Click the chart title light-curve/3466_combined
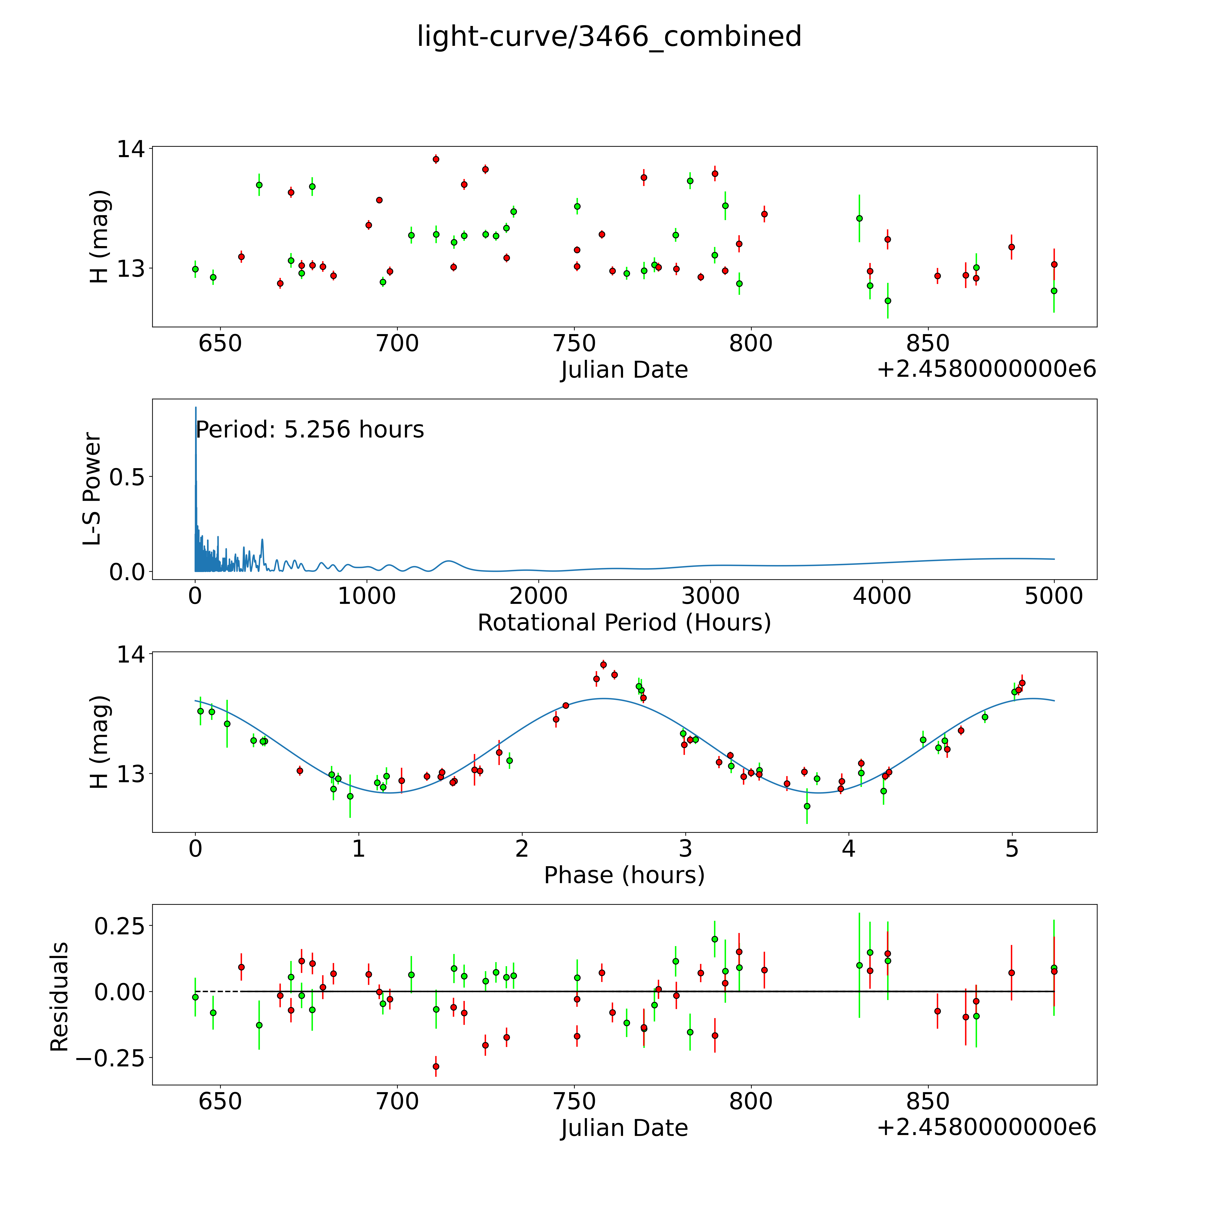coord(609,37)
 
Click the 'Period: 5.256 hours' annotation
coord(310,430)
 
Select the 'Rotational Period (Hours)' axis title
coord(624,623)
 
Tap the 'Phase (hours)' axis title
coord(624,875)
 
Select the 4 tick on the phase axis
coord(849,849)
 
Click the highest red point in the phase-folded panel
coord(603,664)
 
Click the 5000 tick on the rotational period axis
coord(1054,596)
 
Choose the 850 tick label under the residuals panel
coord(928,1102)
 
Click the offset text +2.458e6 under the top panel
coord(986,369)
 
